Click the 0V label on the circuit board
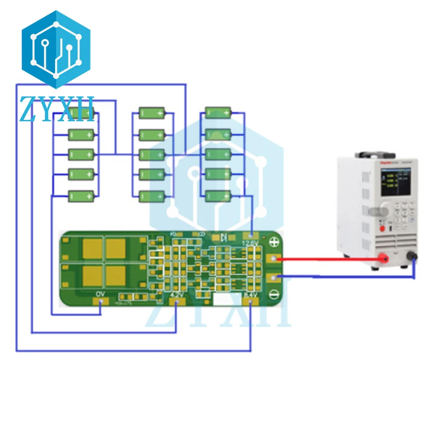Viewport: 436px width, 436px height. point(100,294)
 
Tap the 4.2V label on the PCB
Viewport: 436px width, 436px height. point(177,294)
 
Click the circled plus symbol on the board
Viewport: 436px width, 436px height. point(273,243)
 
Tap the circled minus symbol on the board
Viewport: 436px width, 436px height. point(273,294)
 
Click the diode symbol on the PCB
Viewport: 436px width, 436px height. point(223,237)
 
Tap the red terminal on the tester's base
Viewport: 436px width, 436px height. point(386,259)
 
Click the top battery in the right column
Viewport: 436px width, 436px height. point(218,113)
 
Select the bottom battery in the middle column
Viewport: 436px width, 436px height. point(152,197)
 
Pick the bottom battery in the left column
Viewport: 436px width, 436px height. point(81,196)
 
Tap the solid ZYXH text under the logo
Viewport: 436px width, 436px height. point(57,109)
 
